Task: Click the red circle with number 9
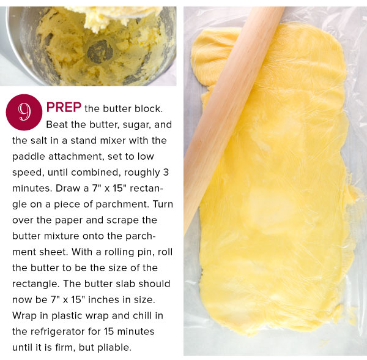(x=24, y=112)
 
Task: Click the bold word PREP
(x=64, y=108)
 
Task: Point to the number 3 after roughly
(x=166, y=173)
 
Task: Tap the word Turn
(x=163, y=204)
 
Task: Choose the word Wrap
(x=24, y=316)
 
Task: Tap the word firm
(x=65, y=348)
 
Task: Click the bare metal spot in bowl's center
(x=100, y=52)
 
